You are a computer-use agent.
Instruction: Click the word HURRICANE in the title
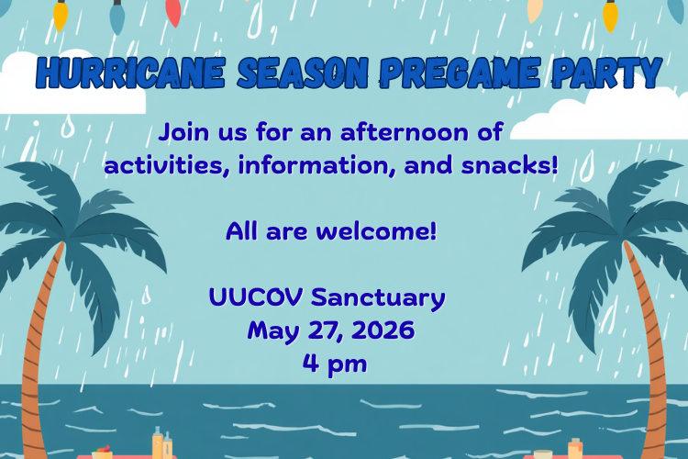(x=131, y=73)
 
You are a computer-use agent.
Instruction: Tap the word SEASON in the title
(x=303, y=73)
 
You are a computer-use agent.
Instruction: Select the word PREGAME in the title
(x=460, y=73)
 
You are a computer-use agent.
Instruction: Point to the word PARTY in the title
(x=607, y=73)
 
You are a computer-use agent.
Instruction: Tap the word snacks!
(x=509, y=165)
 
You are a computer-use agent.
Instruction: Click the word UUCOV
(x=256, y=297)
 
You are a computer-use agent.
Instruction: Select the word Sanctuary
(x=378, y=298)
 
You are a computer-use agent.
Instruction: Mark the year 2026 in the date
(x=383, y=330)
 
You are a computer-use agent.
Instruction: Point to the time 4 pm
(x=335, y=364)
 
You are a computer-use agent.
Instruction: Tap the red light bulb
(x=173, y=12)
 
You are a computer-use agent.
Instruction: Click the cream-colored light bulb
(x=535, y=10)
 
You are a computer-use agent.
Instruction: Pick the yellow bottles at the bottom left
(x=161, y=443)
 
